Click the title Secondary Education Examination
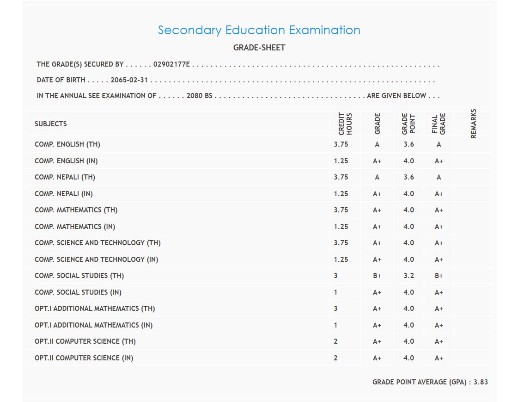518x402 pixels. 259,30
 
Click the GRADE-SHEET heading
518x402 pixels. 259,48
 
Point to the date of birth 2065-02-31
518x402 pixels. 129,80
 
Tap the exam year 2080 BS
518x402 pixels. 199,96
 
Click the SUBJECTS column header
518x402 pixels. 51,124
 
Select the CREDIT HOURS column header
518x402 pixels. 345,124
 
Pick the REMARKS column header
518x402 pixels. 473,124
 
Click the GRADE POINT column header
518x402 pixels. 408,124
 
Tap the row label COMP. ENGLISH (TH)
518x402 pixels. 67,144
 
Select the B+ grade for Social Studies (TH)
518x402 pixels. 377,276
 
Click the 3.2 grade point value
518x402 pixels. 408,276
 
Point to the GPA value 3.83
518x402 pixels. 481,382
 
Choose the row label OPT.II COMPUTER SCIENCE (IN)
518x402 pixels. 84,358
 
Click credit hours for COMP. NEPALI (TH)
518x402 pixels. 341,177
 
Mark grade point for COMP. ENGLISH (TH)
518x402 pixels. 408,144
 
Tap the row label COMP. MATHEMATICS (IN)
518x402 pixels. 75,227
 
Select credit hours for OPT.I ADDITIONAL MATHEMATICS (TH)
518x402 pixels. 336,309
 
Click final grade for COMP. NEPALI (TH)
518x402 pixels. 439,177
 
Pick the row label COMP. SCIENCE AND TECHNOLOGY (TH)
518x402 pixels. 98,243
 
